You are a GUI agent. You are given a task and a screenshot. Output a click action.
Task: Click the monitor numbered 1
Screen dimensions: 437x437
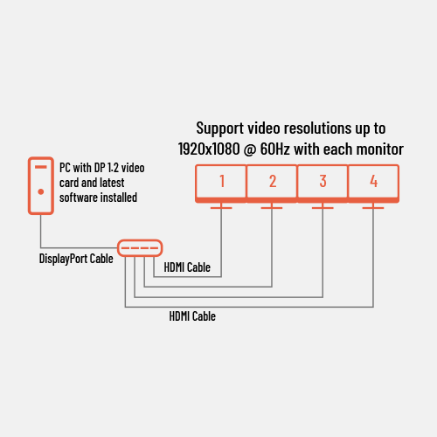221,184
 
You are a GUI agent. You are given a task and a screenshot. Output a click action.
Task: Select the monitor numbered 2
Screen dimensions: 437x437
272,184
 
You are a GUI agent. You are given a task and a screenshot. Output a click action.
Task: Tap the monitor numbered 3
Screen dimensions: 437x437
323,184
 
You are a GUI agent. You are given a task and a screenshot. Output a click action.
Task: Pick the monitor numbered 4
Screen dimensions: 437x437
373,184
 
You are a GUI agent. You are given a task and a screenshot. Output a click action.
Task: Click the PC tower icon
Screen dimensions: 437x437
41,186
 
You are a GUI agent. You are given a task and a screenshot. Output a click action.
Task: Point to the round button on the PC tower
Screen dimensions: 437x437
41,191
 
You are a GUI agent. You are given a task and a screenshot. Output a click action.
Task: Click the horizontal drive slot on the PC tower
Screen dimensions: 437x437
41,167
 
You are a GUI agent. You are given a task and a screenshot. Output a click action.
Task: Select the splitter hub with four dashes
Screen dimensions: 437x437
140,248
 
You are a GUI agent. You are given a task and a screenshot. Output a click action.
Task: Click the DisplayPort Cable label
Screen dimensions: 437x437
76,259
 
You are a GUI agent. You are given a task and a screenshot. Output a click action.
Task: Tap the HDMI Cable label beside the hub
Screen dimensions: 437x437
187,267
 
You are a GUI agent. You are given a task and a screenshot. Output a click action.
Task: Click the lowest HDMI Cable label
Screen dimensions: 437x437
192,316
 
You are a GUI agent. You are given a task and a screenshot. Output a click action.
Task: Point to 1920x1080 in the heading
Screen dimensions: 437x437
209,149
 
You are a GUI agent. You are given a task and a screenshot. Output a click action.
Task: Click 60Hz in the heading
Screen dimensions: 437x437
274,149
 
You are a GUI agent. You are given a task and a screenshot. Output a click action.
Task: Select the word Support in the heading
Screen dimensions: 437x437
220,128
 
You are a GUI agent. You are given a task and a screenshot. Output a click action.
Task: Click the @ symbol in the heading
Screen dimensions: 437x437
250,149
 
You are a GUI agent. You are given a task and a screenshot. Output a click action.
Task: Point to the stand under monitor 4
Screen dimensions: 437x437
373,205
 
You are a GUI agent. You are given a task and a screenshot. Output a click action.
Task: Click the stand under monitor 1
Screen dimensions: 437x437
221,205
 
